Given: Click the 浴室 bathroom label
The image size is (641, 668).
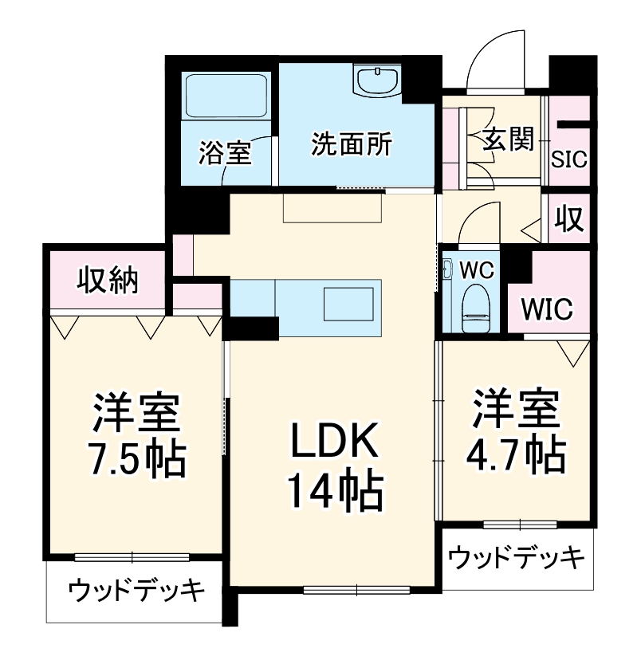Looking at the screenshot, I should pos(225,151).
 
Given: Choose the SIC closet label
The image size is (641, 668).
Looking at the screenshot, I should pos(570,159).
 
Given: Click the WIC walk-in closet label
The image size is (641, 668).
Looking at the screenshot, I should pos(548,308).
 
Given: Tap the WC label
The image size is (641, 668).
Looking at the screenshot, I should pos(478,269).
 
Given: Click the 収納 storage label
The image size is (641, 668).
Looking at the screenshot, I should pos(108,280).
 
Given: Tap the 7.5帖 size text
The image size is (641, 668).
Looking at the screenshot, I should pos(136,458).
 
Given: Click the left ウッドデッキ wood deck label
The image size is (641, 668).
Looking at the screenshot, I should pos(136,591).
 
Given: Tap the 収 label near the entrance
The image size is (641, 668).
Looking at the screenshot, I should pos(570,218).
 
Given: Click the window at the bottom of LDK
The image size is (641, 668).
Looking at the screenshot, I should pos(356,591).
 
